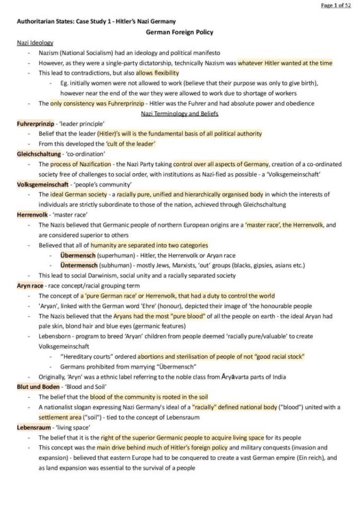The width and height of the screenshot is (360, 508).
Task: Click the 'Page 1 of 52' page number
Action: [336, 6]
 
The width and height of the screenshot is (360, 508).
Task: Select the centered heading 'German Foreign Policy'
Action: [179, 32]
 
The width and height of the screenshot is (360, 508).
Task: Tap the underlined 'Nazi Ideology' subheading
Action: [35, 42]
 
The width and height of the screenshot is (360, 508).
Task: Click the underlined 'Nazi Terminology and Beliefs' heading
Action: [179, 113]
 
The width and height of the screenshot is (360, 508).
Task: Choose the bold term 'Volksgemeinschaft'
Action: [42, 184]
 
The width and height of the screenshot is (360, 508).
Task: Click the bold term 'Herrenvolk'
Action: [33, 214]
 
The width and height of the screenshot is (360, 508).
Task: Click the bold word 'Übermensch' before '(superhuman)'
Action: [77, 255]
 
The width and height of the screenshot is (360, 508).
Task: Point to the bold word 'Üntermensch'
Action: [78, 265]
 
